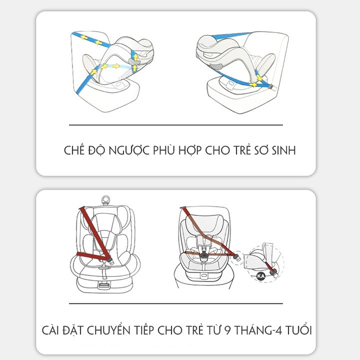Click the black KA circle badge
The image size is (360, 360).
(x=261, y=276)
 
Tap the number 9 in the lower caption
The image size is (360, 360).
(x=227, y=330)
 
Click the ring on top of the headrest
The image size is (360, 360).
(x=106, y=199)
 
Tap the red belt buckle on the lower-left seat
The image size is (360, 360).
(x=109, y=260)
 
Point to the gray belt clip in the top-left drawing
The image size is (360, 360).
(x=134, y=61)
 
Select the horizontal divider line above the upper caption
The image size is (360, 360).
(x=176, y=125)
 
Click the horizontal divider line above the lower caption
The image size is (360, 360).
(x=176, y=303)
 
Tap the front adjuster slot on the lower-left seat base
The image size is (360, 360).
(x=103, y=285)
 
